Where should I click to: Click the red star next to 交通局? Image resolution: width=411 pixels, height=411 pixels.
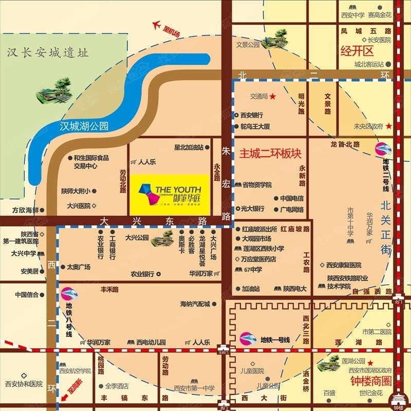click(273, 96)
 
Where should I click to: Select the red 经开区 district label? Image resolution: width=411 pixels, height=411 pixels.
click(356, 50)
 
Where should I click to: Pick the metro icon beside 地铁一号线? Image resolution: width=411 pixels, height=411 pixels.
click(248, 339)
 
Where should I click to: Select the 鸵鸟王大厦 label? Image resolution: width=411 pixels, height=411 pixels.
click(255, 126)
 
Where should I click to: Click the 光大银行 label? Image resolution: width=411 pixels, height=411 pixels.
click(252, 209)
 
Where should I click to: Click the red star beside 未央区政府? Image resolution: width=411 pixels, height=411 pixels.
click(389, 126)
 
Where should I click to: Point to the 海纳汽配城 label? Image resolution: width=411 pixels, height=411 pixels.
click(195, 304)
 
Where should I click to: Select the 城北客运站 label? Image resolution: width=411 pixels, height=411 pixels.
click(369, 64)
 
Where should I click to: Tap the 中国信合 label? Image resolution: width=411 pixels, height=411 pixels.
click(27, 295)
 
